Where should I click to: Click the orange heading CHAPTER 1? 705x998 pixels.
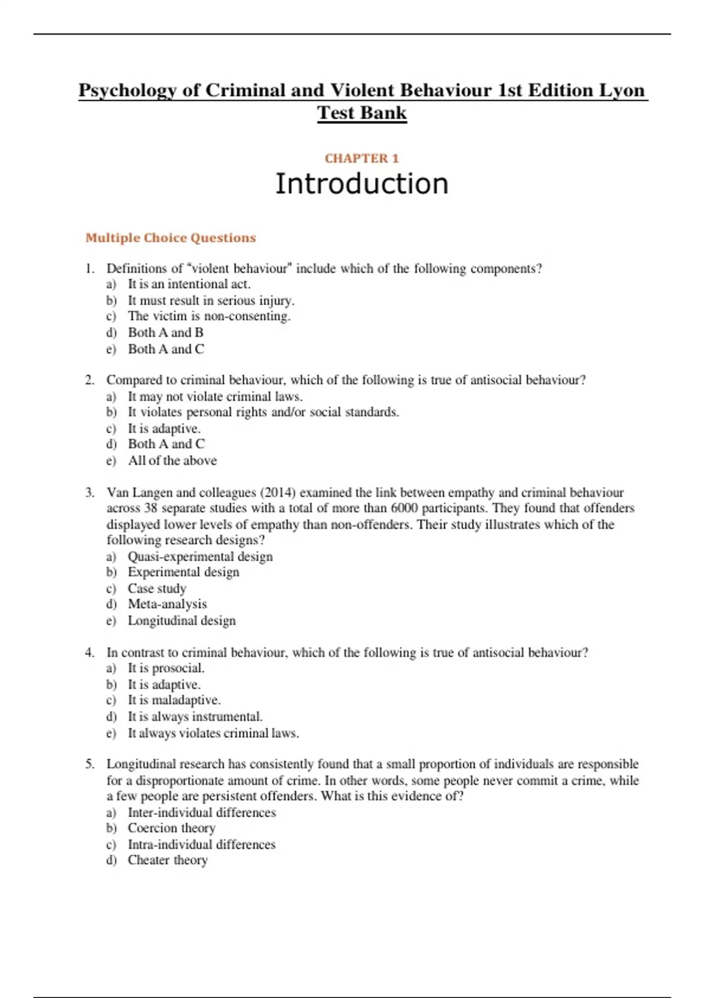coord(361,159)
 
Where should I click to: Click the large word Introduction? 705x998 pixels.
coord(361,184)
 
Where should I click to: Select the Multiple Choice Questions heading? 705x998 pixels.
coord(170,238)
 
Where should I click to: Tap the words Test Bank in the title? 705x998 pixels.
coord(361,113)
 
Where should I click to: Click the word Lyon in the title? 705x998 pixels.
coord(622,90)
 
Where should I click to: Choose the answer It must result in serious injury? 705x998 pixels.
coord(211,301)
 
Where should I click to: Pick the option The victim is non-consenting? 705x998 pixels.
coord(209,316)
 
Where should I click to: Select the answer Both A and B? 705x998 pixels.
coord(166,333)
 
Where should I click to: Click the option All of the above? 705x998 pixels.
coord(172,461)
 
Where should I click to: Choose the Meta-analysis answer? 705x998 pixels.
coord(167,604)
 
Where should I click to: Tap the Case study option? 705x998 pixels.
coord(157,588)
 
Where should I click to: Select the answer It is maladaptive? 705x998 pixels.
coord(174,700)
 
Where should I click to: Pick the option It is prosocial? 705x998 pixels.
coord(166,668)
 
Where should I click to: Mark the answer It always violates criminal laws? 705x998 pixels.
coord(213,733)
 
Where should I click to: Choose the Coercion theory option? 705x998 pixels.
coord(172,828)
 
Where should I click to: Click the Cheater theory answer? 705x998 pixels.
coord(167,861)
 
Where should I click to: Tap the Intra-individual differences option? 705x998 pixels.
coord(202,845)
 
